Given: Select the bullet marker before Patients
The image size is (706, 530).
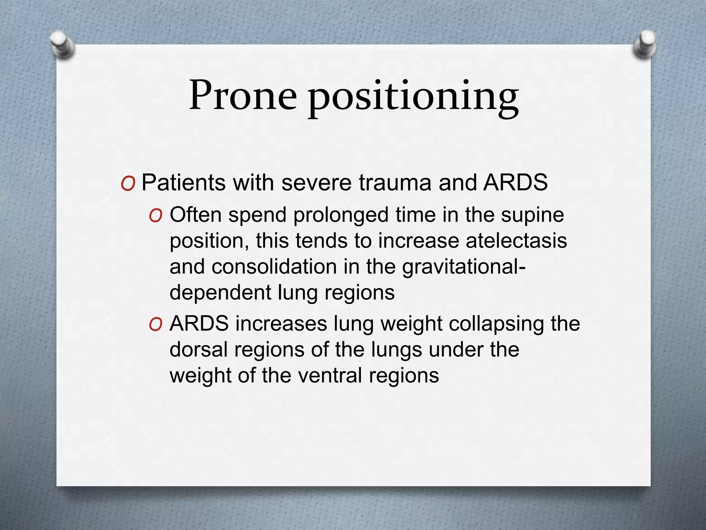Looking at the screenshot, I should [x=128, y=184].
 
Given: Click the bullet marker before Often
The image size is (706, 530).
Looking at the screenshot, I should [x=155, y=216].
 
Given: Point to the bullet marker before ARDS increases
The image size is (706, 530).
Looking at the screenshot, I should [x=155, y=325].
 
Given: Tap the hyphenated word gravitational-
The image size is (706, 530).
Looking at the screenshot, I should [x=464, y=267].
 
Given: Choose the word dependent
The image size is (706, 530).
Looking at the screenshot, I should [x=221, y=293].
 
